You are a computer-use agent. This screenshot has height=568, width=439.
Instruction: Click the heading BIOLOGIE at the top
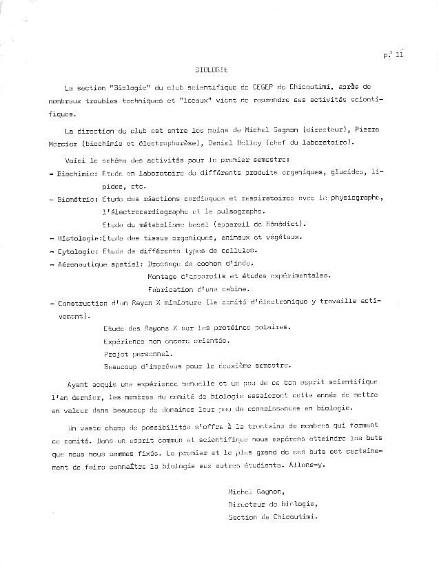click(x=210, y=70)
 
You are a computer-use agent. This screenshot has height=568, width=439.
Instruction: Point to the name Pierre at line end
click(x=366, y=129)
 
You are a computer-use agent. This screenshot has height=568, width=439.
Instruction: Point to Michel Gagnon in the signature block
click(x=255, y=492)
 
